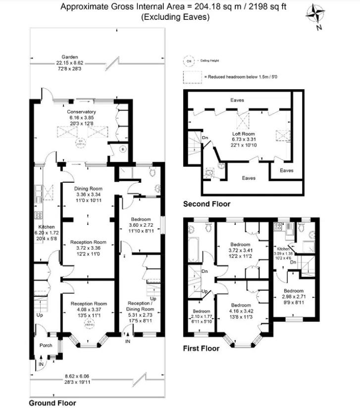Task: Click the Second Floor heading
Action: coord(206,204)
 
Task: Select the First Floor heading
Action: coord(201,348)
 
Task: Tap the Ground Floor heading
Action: coord(52,403)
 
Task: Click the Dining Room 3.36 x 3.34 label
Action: coord(88,195)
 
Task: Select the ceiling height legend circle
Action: coord(188,61)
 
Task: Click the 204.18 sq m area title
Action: coord(173,7)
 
